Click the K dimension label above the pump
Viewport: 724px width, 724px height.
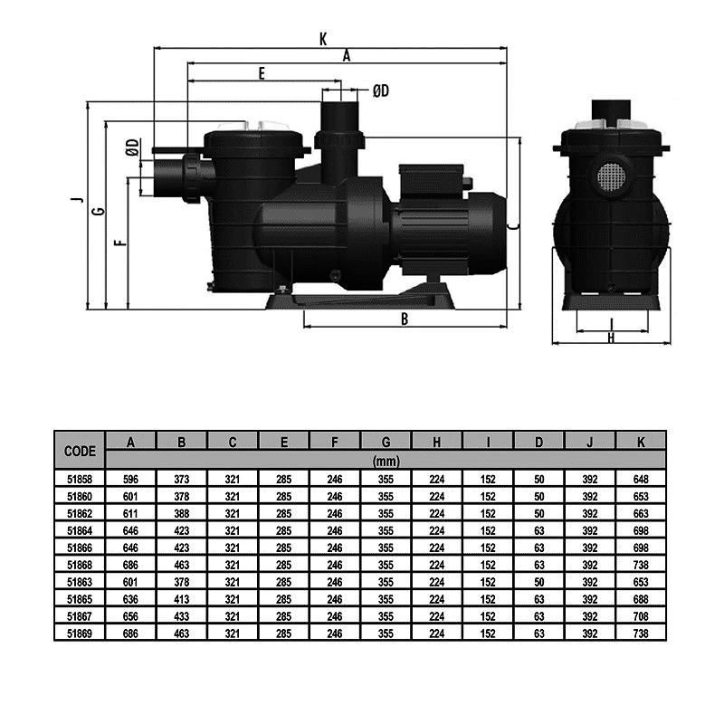[x=323, y=39]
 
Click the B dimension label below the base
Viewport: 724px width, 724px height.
[x=405, y=319]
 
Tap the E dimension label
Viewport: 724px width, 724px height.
[x=262, y=73]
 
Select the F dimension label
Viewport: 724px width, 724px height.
[x=120, y=242]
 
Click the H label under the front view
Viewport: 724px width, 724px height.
[x=612, y=338]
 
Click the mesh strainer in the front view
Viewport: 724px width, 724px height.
[x=611, y=176]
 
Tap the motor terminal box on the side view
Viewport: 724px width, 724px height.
[x=432, y=178]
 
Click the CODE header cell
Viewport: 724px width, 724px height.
[x=80, y=451]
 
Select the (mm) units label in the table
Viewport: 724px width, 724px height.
[x=386, y=461]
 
